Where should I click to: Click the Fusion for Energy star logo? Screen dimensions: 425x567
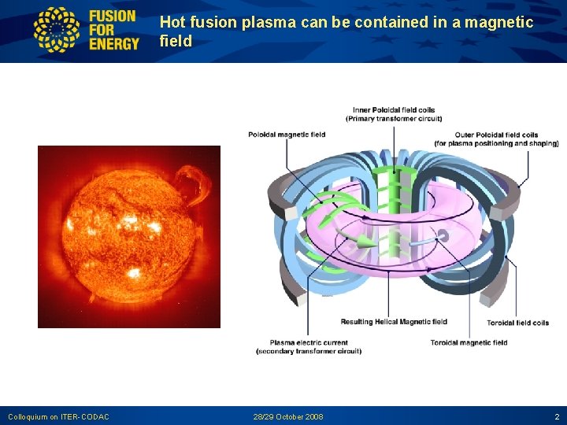56,30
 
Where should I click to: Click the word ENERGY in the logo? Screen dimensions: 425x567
114,43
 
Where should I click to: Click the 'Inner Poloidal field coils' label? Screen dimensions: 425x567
394,110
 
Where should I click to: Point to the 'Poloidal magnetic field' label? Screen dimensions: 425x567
287,135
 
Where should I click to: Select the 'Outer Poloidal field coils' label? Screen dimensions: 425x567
496,135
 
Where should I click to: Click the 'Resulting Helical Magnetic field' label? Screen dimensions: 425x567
394,322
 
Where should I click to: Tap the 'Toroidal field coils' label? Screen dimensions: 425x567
517,323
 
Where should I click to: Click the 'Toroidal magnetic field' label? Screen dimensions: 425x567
469,343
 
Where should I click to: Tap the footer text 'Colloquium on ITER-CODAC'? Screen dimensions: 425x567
58,416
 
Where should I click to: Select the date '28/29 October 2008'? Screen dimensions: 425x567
288,416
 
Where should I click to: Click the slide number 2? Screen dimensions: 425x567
557,416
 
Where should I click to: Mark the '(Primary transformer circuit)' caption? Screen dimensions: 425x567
394,119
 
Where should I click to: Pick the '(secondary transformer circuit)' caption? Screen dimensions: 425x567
309,352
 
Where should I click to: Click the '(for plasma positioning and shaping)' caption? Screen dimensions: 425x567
496,143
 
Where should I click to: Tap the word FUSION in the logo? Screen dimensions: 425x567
113,16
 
